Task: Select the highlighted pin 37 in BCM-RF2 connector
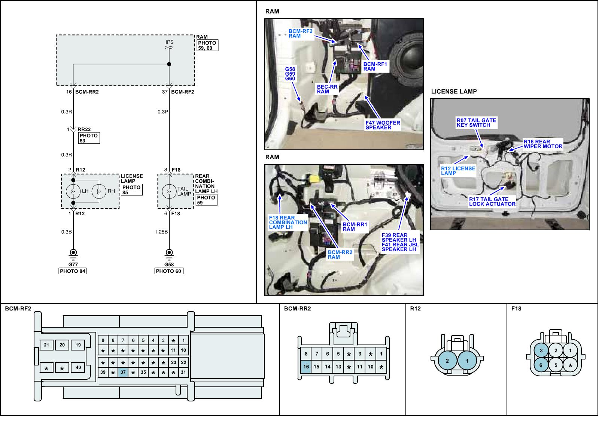click(123, 372)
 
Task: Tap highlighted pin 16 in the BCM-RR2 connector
click(306, 367)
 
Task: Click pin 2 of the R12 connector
click(447, 361)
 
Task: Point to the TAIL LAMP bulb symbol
click(169, 191)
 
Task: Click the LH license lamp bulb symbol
click(73, 191)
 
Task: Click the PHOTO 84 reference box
click(73, 271)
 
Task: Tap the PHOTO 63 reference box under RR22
click(89, 138)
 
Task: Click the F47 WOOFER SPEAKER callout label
click(383, 125)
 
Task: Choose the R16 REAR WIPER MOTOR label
click(542, 144)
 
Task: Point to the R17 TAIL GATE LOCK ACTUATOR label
click(492, 202)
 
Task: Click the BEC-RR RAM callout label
click(327, 89)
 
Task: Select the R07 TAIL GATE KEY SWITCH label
click(476, 123)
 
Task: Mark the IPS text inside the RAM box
click(169, 42)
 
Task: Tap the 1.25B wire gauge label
click(161, 232)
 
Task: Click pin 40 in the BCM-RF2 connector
click(78, 367)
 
